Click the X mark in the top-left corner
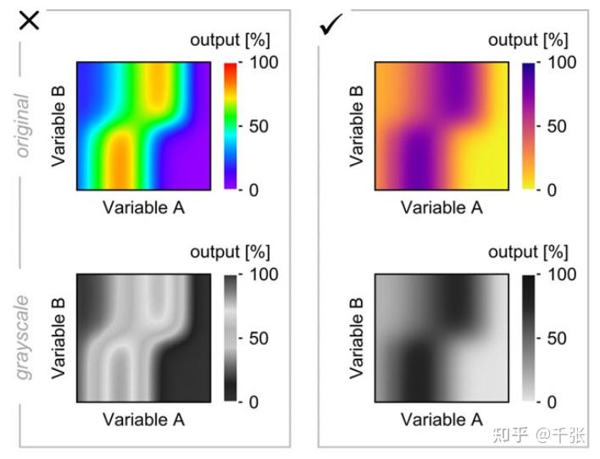(x=30, y=20)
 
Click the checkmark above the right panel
(x=330, y=27)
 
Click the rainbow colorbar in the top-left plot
(x=231, y=125)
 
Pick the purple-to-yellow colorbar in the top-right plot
(x=530, y=125)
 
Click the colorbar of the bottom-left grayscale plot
(x=231, y=337)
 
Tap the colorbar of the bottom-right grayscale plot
(x=530, y=337)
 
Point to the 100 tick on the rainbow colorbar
(x=259, y=63)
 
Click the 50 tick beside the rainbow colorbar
(x=255, y=126)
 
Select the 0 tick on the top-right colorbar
(x=548, y=190)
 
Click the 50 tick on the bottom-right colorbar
(x=553, y=338)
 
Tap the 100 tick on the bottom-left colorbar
(x=259, y=274)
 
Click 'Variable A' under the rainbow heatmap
(x=143, y=207)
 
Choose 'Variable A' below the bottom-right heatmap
(x=442, y=419)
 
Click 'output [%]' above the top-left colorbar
(x=230, y=40)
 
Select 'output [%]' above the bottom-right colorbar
(x=528, y=252)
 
